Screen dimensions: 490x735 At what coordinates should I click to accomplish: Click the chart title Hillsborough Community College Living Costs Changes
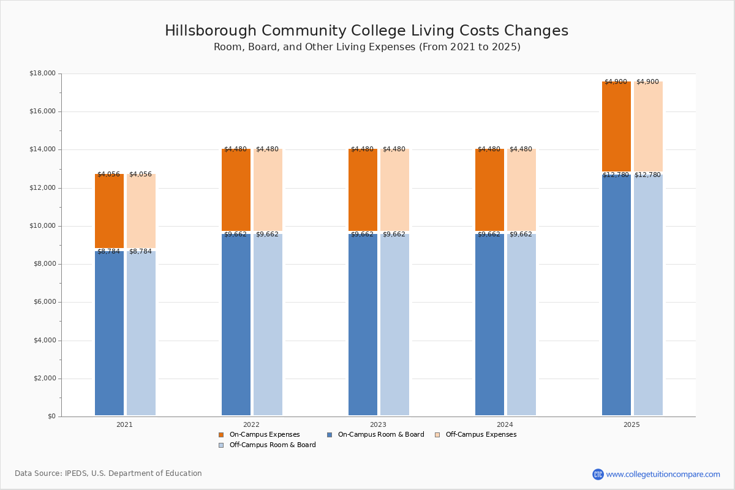tap(366, 31)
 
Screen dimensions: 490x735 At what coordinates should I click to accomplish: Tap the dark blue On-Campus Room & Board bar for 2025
tap(616, 294)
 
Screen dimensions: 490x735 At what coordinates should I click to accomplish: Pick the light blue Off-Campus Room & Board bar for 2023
tap(394, 325)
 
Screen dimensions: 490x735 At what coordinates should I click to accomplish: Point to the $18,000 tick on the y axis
tap(42, 73)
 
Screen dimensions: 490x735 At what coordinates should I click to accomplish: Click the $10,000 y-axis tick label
tap(42, 226)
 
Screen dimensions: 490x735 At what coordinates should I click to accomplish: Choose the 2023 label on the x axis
tap(378, 424)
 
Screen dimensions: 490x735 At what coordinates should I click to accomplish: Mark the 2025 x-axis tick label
tap(631, 424)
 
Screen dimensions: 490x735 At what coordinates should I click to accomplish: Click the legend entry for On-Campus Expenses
tap(264, 435)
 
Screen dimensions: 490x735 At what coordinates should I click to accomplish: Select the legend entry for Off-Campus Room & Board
tap(272, 445)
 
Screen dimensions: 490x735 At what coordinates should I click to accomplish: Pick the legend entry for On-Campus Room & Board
tap(380, 435)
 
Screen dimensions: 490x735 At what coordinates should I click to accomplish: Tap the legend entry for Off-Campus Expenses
tap(480, 435)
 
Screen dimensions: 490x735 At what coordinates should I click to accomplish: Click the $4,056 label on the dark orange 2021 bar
tap(109, 175)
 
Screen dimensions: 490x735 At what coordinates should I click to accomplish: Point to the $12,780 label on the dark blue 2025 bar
tap(616, 175)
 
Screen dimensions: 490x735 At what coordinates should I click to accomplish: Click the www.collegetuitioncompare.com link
tap(663, 474)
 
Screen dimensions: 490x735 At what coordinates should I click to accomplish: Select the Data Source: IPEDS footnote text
tap(108, 473)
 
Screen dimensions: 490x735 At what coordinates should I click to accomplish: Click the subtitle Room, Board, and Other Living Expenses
tap(367, 47)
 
